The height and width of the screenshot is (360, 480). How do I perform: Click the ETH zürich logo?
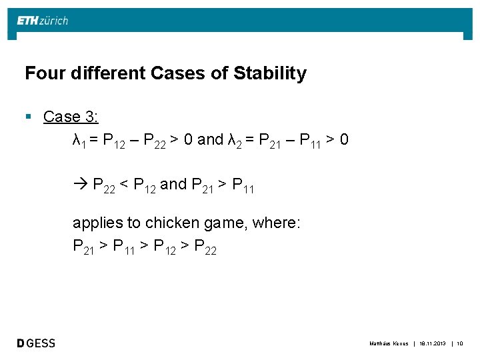(x=43, y=21)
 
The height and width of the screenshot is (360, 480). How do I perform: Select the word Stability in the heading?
(x=270, y=73)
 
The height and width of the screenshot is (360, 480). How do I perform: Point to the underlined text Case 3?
(x=71, y=117)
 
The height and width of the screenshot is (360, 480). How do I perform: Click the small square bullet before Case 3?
(x=28, y=117)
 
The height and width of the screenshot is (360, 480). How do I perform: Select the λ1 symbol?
(x=78, y=141)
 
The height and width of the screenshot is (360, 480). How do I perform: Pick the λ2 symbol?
(x=234, y=141)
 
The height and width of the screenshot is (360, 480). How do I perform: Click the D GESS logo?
(x=37, y=343)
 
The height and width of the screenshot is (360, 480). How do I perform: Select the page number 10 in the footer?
(x=459, y=343)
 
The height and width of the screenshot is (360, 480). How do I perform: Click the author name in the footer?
(x=388, y=343)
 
